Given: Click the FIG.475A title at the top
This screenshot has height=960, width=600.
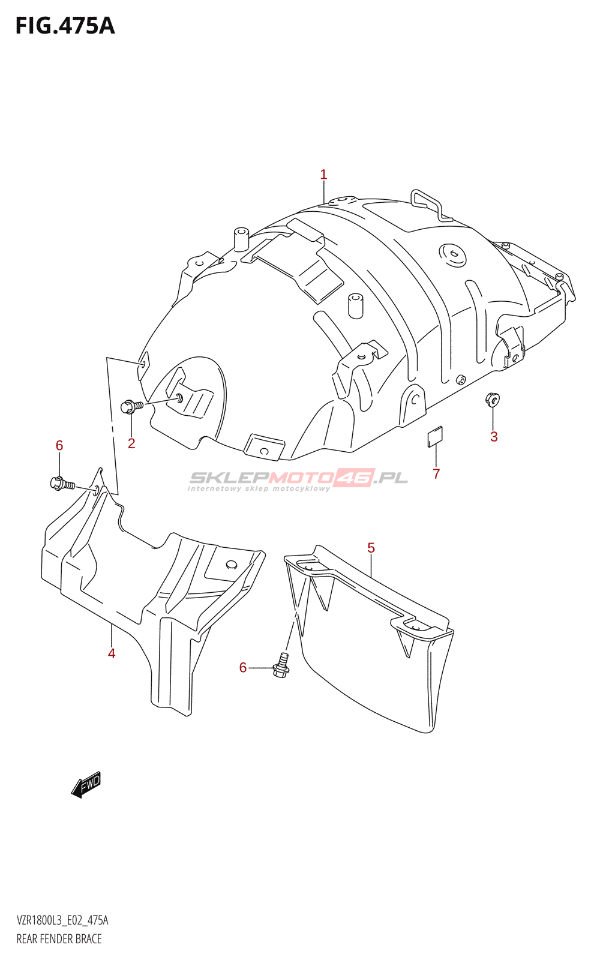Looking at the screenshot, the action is [65, 26].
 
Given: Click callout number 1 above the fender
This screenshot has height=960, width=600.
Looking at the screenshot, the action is [323, 175].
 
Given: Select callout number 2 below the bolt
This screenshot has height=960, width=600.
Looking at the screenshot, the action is [131, 443].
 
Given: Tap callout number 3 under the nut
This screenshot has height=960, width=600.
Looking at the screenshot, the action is [494, 437].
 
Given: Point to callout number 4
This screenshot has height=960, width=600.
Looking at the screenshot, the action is [112, 653].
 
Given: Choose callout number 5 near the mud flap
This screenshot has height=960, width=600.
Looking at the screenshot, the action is [371, 548].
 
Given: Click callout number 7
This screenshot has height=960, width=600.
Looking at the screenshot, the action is [436, 473].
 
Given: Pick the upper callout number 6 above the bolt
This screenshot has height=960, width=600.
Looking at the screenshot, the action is [59, 446].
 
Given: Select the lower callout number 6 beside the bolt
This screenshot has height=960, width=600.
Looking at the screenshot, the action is [243, 668].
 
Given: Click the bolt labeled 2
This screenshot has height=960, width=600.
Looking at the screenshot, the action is [132, 406].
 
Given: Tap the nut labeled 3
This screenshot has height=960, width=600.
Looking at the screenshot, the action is [492, 400].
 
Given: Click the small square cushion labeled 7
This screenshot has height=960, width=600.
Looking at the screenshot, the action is [435, 436].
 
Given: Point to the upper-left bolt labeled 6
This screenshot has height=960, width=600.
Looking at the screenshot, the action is [62, 484].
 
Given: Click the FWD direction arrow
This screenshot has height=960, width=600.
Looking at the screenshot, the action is [86, 784].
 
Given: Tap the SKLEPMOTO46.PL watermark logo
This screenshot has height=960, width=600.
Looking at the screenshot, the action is [298, 479].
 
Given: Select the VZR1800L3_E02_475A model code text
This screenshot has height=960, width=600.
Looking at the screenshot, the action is [62, 920].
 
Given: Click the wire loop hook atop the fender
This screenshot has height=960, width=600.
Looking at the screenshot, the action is [431, 205].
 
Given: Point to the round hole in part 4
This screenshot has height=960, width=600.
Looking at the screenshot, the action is [232, 565].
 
